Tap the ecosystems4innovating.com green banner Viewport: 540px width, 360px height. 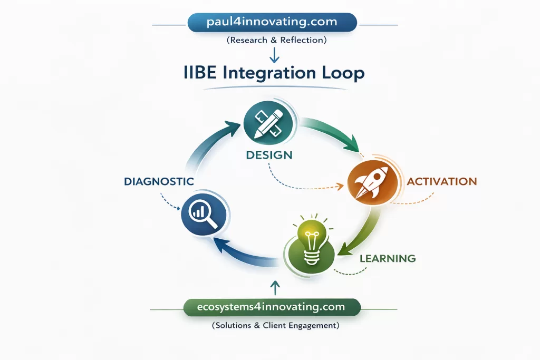272,307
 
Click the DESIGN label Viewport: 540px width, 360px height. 268,155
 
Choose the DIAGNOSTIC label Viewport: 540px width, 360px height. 159,181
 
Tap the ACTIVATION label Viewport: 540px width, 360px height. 442,182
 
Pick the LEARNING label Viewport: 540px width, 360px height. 388,258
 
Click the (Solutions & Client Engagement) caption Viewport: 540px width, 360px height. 275,326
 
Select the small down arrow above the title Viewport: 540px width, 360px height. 273,54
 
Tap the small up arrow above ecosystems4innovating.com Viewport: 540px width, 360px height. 274,287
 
